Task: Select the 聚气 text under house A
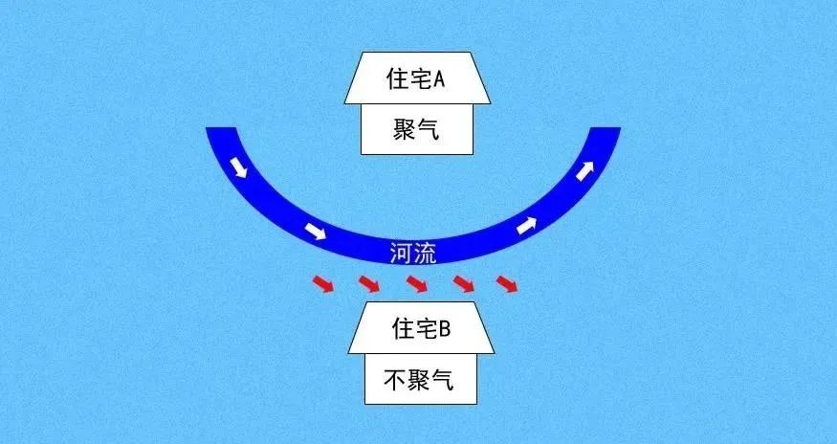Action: (x=417, y=129)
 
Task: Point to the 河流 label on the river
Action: (x=414, y=254)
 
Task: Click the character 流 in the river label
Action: (x=427, y=254)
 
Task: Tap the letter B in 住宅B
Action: (x=443, y=328)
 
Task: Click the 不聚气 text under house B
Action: (x=418, y=381)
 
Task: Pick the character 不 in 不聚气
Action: (x=396, y=381)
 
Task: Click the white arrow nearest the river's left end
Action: (x=239, y=168)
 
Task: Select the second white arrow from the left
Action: (x=314, y=231)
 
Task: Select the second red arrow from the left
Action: (x=368, y=283)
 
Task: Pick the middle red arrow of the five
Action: (x=417, y=283)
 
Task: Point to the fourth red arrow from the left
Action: (x=463, y=283)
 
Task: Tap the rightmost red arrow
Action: (x=507, y=283)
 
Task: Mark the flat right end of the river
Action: (x=606, y=131)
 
